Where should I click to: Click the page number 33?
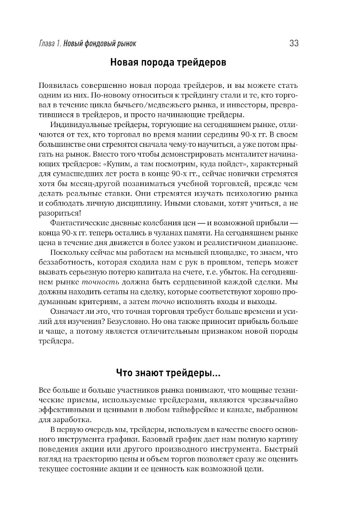293,44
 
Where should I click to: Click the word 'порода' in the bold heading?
156,63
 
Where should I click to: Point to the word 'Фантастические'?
77,223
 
